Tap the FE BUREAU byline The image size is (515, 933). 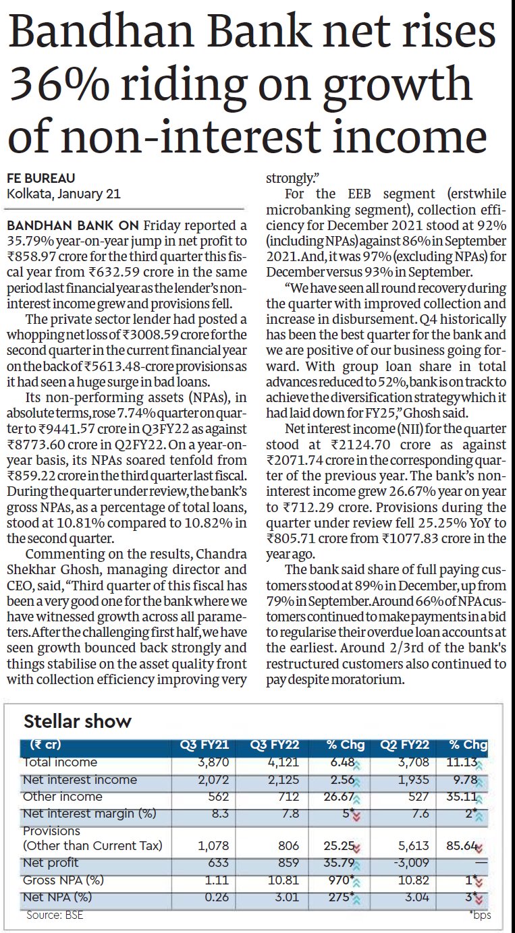[x=40, y=178]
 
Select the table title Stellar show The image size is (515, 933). [x=78, y=721]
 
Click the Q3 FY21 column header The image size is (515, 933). [x=204, y=745]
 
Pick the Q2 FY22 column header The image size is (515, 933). [x=405, y=745]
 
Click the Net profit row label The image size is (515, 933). [x=51, y=862]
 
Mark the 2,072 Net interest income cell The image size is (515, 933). [x=216, y=780]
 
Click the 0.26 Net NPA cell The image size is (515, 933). [x=219, y=897]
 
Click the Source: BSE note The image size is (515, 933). [x=55, y=915]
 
